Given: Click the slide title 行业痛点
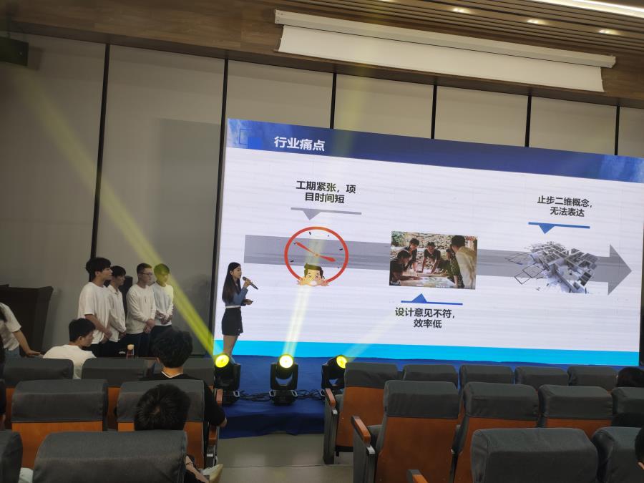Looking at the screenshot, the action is tap(299, 144).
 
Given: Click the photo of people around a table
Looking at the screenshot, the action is tap(434, 260).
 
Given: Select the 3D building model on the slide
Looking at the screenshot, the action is tap(552, 267).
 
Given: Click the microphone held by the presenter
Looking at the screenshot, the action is tap(250, 283).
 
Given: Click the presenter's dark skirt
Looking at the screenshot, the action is tap(233, 321).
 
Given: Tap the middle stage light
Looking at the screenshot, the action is tap(284, 379).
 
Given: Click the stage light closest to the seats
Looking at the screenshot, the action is tap(334, 372).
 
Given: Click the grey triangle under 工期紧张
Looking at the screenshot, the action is tap(311, 214).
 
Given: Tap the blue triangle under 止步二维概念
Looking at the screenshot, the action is tap(546, 228).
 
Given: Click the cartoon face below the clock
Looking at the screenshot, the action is tap(313, 275).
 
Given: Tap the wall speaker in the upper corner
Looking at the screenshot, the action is tap(14, 51).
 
